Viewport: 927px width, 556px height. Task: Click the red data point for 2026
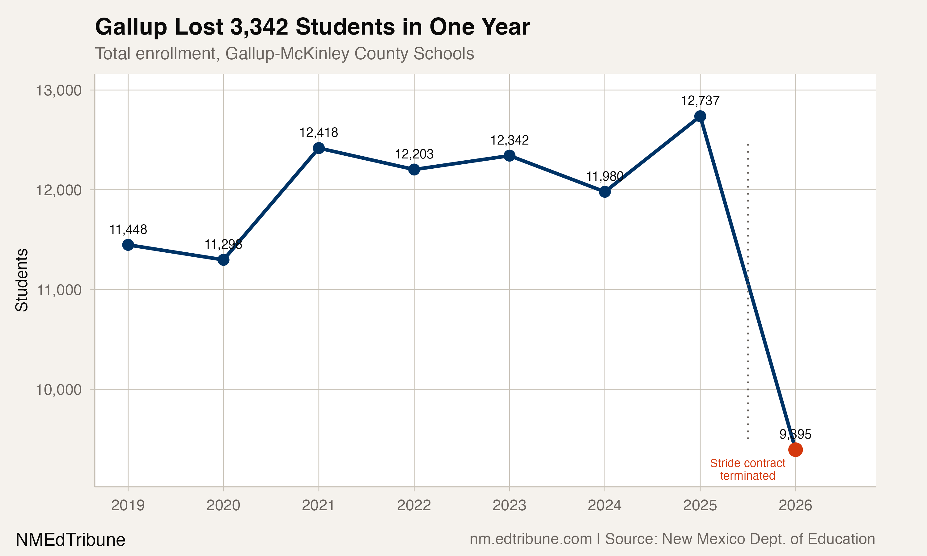pyautogui.click(x=795, y=449)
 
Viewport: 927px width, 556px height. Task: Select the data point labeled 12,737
pyautogui.click(x=700, y=116)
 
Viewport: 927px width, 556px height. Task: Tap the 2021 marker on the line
pyautogui.click(x=319, y=148)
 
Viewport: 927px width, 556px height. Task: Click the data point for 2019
pyautogui.click(x=128, y=245)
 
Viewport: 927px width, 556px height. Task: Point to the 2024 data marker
pyautogui.click(x=604, y=192)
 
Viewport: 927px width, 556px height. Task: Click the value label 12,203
pyautogui.click(x=414, y=154)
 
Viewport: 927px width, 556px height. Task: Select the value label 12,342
pyautogui.click(x=509, y=140)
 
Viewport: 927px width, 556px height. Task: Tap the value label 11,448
pyautogui.click(x=128, y=229)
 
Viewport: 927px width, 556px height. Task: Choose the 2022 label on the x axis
pyautogui.click(x=414, y=505)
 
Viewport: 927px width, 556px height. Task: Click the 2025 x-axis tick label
pyautogui.click(x=700, y=505)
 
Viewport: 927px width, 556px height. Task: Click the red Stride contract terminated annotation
pyautogui.click(x=747, y=470)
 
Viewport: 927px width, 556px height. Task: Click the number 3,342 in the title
pyautogui.click(x=259, y=27)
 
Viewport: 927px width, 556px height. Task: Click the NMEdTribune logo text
pyautogui.click(x=70, y=540)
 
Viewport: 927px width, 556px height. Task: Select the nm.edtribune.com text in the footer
pyautogui.click(x=531, y=539)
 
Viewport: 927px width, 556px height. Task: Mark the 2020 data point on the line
pyautogui.click(x=223, y=260)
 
